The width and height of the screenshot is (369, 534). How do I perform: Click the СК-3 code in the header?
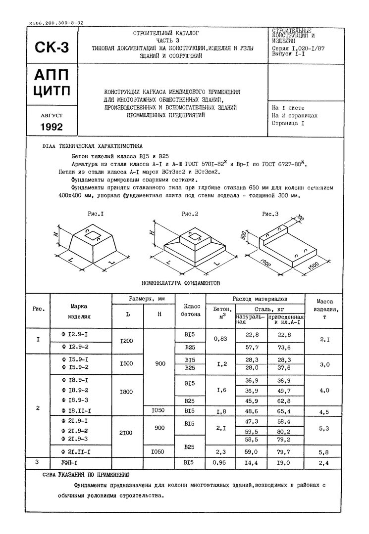pos(52,48)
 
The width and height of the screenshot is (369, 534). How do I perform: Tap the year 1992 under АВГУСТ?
pos(52,127)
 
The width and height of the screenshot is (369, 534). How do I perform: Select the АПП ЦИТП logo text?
pos(52,84)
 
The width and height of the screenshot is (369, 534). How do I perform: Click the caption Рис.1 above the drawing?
pos(95,214)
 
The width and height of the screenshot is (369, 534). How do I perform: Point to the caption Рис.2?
pos(190,214)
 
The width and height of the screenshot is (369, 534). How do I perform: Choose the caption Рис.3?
pos(270,214)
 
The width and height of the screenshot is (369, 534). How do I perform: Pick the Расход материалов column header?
pos(260,300)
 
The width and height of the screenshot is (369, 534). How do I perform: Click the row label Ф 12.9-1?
pos(75,335)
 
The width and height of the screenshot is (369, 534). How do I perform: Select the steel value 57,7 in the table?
pos(253,348)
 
